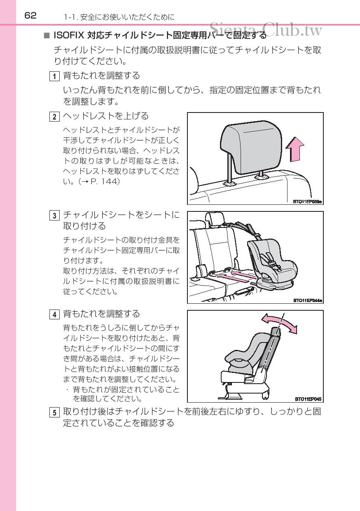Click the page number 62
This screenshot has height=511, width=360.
pyautogui.click(x=30, y=16)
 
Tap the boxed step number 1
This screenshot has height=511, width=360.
pyautogui.click(x=54, y=76)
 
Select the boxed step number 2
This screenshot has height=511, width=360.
pyautogui.click(x=54, y=117)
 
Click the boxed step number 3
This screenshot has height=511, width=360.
pyautogui.click(x=54, y=216)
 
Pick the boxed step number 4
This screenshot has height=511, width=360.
pyautogui.click(x=54, y=314)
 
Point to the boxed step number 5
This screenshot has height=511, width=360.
pyautogui.click(x=54, y=413)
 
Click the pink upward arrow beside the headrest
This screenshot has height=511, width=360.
pyautogui.click(x=295, y=150)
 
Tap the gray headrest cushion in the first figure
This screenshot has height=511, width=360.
pyautogui.click(x=251, y=147)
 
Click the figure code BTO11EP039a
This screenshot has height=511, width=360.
pyautogui.click(x=307, y=202)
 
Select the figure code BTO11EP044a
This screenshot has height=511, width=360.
pyautogui.click(x=308, y=300)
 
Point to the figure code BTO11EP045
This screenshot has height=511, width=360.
pyautogui.click(x=308, y=399)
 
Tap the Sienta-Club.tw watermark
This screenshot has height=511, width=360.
pyautogui.click(x=266, y=30)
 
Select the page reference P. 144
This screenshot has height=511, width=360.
pyautogui.click(x=105, y=181)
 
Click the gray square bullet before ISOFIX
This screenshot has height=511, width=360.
pyautogui.click(x=47, y=35)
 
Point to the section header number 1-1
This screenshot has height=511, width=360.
pyautogui.click(x=70, y=17)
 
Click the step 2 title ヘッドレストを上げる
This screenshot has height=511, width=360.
pyautogui.click(x=106, y=116)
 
